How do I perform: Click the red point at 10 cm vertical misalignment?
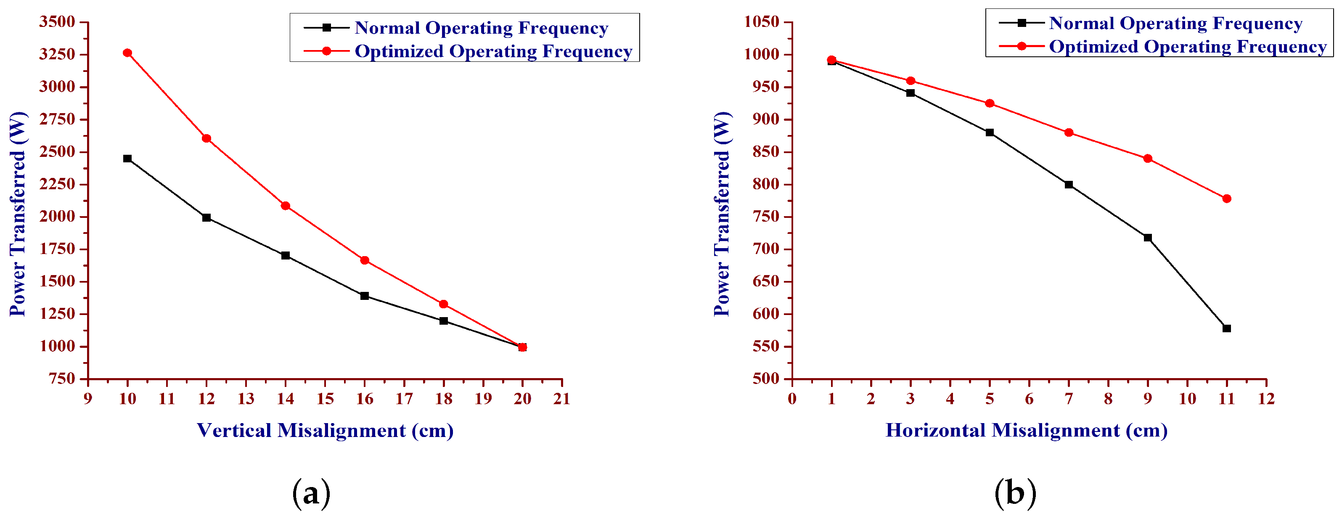click(127, 53)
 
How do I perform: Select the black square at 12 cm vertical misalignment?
click(206, 217)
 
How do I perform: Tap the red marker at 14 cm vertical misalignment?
click(286, 206)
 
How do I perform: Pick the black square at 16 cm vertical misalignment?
click(365, 296)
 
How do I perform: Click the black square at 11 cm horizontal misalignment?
click(1227, 328)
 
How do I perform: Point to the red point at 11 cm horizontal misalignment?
click(1227, 199)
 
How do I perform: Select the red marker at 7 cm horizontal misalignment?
click(1069, 132)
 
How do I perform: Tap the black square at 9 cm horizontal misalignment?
click(1148, 238)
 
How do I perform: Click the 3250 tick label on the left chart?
click(57, 54)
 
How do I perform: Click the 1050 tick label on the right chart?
click(761, 22)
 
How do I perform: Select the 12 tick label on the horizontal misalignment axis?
click(1266, 399)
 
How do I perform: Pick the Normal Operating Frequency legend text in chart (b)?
click(1175, 23)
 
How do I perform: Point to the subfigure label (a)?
click(311, 493)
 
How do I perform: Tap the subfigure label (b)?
click(1015, 493)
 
